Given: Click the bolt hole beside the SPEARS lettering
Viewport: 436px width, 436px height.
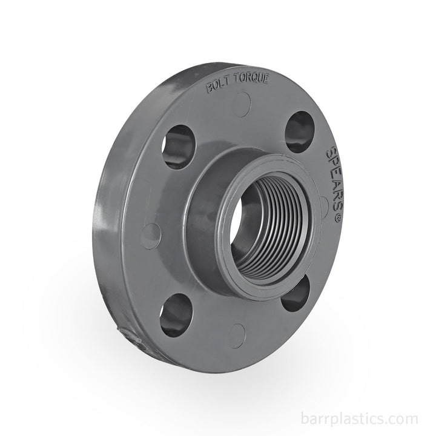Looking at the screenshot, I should pos(300,131).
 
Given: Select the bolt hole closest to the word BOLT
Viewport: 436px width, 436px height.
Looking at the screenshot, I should pos(179,145).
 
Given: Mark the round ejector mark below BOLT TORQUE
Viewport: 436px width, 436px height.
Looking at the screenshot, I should pos(242,104).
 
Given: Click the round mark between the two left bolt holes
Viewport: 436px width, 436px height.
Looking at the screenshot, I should pos(151,236).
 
